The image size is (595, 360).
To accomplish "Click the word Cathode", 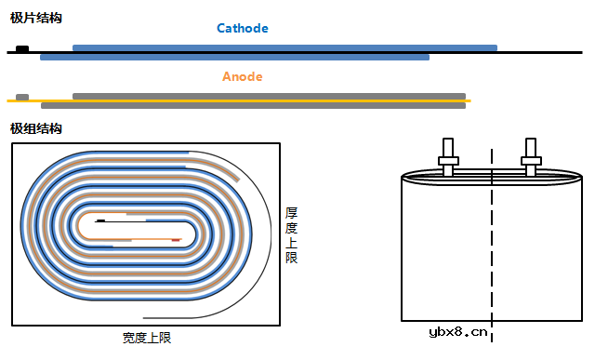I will [242, 28].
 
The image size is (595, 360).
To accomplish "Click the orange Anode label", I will [242, 76].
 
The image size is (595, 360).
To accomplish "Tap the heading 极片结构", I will [36, 18].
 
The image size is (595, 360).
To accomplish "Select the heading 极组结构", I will [36, 128].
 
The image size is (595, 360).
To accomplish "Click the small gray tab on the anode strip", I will [22, 97].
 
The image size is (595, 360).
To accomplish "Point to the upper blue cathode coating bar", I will [284, 47].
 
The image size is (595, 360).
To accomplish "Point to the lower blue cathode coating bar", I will [234, 58].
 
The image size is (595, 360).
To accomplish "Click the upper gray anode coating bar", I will [269, 96].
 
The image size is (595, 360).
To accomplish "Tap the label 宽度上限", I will [147, 338].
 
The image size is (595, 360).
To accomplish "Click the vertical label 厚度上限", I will [292, 234].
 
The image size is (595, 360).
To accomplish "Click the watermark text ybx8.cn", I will [458, 331].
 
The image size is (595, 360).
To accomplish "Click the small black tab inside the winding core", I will [99, 221].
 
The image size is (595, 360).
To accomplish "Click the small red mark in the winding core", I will [175, 240].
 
